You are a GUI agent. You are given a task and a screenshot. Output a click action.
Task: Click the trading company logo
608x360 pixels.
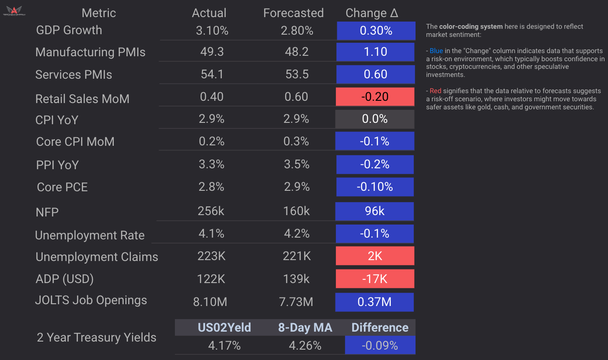point(16,11)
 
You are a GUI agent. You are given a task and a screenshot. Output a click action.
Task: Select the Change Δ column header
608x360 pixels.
point(372,13)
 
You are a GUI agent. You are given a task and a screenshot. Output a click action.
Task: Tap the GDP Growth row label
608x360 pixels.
point(69,30)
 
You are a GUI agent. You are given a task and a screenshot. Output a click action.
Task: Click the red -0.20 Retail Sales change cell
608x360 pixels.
point(375,97)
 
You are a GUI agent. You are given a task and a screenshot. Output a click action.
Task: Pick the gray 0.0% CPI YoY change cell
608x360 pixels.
point(375,119)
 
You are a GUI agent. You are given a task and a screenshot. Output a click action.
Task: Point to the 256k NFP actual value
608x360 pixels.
point(211,211)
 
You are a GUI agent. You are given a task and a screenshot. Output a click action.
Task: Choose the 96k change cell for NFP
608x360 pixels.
point(375,211)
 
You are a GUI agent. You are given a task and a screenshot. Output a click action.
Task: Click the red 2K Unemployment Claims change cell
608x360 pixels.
point(375,256)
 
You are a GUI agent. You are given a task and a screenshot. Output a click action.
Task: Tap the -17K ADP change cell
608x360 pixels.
point(375,279)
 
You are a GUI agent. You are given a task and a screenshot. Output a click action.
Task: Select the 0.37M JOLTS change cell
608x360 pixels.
point(374,302)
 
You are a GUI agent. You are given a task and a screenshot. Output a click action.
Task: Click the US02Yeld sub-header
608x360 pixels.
point(224,328)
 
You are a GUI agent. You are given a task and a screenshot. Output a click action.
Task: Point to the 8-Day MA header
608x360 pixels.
point(305,328)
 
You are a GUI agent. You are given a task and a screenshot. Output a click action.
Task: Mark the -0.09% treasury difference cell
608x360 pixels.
point(380,346)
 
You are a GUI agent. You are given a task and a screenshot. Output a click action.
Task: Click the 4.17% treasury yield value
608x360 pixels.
point(224,346)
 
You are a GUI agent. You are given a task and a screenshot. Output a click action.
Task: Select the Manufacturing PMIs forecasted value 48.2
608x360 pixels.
point(296,52)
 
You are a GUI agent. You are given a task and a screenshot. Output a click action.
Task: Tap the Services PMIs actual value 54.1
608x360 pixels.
point(211,74)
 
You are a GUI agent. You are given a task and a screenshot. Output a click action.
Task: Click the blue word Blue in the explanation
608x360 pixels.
point(436,51)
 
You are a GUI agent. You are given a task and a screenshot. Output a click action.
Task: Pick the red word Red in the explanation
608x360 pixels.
point(436,91)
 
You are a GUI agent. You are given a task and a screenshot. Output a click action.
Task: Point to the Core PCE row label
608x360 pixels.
point(62,187)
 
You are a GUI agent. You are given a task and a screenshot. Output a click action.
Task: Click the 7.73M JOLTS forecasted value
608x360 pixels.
point(296,302)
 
